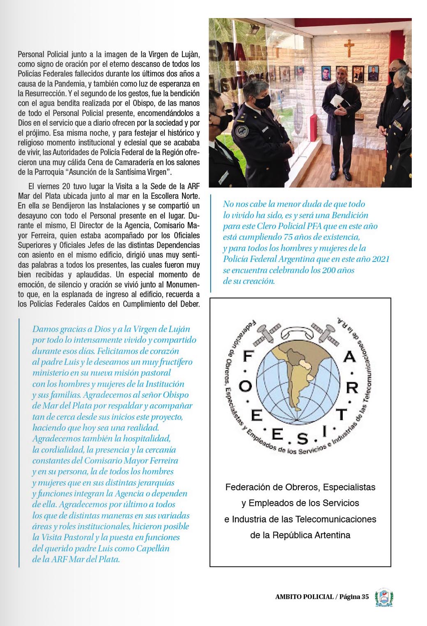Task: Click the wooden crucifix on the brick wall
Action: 349,48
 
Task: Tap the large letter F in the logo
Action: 248,356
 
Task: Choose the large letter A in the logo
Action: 349,356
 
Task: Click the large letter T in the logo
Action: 342,414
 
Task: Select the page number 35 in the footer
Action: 365,597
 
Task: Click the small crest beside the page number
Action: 384,597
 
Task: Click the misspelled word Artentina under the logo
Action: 331,535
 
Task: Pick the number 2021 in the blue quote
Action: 380,259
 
